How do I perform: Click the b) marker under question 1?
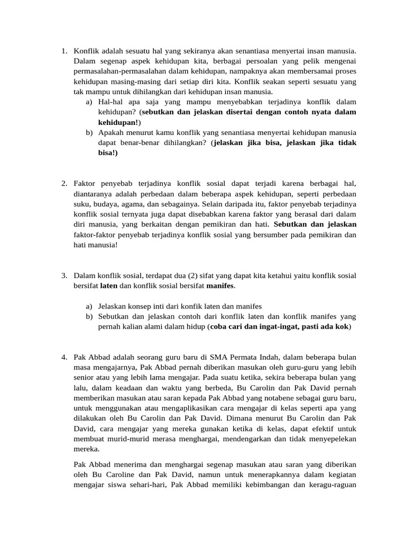tap(89, 132)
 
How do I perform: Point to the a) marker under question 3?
tap(89, 306)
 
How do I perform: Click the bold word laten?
tap(108, 286)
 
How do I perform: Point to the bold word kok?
tap(343, 327)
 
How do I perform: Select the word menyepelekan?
tap(328, 439)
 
